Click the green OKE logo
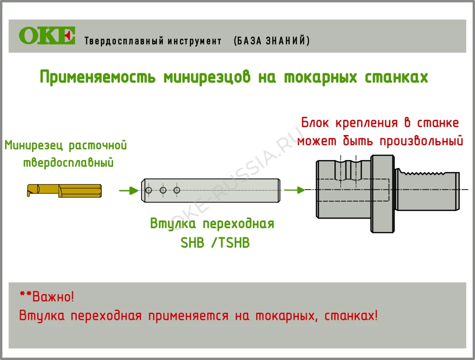pos(47,36)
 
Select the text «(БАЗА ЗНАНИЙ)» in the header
pos(272,41)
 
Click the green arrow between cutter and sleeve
pos(128,190)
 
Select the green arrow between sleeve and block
pos(294,190)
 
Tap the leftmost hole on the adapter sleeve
pos(148,190)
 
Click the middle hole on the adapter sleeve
pos(163,190)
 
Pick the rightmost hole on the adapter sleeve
pos(176,190)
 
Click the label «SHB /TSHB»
pos(215,243)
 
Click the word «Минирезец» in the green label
pos(34,146)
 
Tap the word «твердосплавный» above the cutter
pos(68,163)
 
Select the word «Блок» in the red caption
pos(317,123)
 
